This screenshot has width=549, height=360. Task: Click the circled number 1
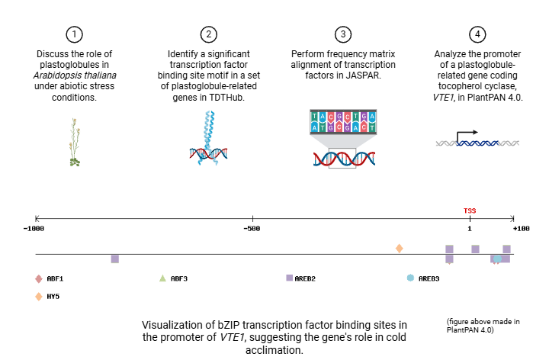(74, 35)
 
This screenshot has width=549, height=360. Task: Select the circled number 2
(209, 35)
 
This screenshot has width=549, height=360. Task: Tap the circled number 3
(344, 35)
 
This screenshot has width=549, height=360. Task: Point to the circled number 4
(477, 35)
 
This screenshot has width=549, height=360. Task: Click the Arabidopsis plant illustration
(74, 142)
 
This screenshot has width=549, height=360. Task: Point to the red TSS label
(470, 211)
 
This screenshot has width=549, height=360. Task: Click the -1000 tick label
(34, 228)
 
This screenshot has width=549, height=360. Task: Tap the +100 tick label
(521, 228)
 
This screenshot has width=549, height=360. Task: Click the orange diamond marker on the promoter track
(399, 248)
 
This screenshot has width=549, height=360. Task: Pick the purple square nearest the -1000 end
(114, 259)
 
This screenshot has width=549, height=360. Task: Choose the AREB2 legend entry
(300, 278)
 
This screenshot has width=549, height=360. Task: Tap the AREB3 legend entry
(424, 278)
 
